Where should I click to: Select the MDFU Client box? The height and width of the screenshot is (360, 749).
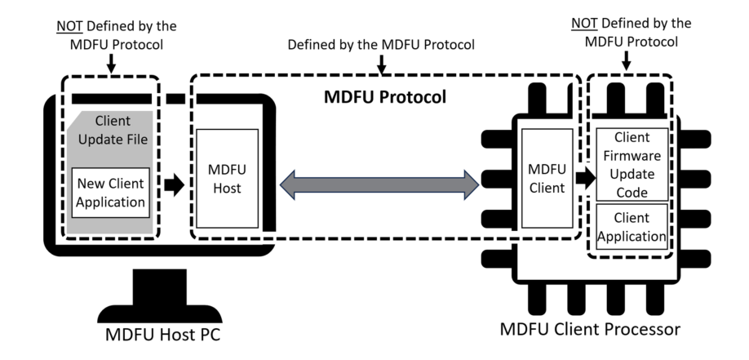click(546, 179)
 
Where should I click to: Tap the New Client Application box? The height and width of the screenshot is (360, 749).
click(110, 193)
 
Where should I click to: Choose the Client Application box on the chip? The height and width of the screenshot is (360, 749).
click(632, 227)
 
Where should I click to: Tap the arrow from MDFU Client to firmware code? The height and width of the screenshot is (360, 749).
click(584, 176)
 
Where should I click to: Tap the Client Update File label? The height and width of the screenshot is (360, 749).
click(111, 131)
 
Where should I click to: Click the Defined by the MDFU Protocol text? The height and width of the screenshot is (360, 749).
click(381, 43)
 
